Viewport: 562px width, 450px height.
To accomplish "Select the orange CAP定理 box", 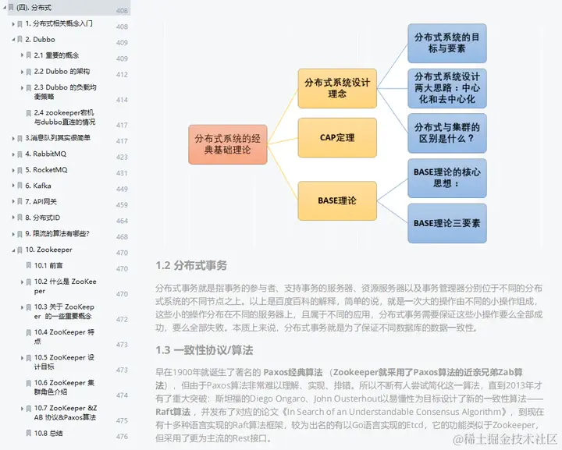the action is pyautogui.click(x=337, y=137).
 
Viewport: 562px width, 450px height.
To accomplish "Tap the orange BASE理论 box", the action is pyautogui.click(x=337, y=200).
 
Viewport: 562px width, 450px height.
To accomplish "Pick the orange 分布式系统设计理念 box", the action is pyautogui.click(x=337, y=87).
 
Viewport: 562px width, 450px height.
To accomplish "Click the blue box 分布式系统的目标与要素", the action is pyautogui.click(x=446, y=43).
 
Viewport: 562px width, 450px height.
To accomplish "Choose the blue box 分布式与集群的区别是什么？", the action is pyautogui.click(x=446, y=133).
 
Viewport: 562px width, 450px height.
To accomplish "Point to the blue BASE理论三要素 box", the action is pyautogui.click(x=446, y=223).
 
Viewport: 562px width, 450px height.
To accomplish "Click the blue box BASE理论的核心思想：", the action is pyautogui.click(x=446, y=178).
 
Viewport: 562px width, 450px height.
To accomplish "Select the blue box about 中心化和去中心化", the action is pyautogui.click(x=446, y=88).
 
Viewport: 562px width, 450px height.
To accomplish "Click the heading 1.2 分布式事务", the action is pyautogui.click(x=191, y=265).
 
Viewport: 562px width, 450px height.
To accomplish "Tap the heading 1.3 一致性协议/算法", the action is pyautogui.click(x=204, y=349).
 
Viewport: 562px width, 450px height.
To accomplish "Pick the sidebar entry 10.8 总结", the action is pyautogui.click(x=48, y=432).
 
